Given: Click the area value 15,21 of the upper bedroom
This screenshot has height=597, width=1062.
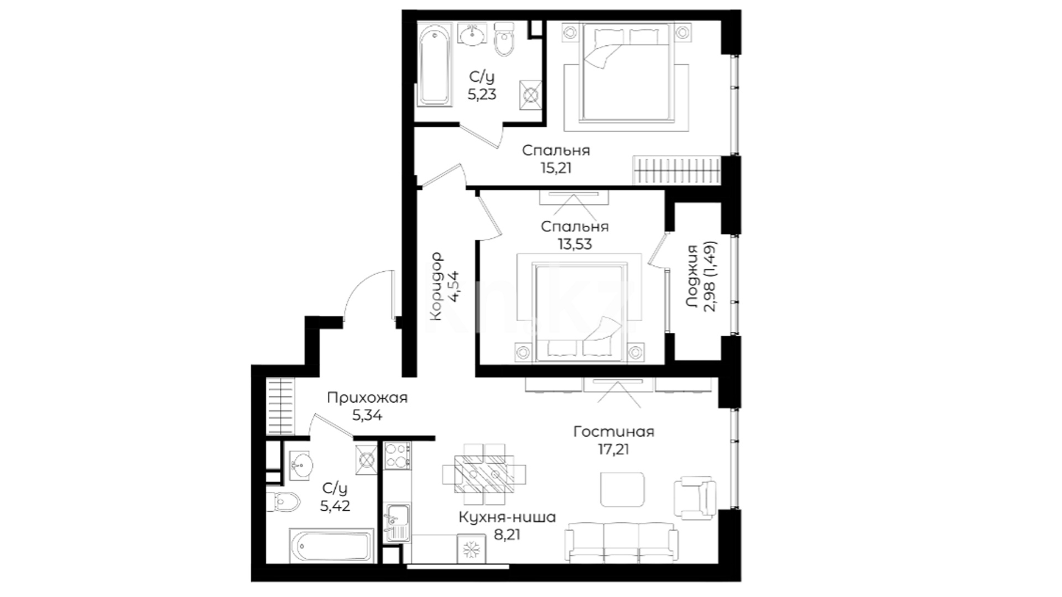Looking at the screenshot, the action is tap(555, 167).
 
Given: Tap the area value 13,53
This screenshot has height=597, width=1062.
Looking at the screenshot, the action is tap(575, 244).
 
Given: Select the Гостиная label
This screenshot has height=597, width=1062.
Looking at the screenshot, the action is tap(613, 432).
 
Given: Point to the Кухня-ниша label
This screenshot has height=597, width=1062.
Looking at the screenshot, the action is tap(507, 517).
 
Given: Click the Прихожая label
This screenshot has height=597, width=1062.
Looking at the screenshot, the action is tap(367, 398).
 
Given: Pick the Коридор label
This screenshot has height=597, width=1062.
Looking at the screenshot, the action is tap(436, 286).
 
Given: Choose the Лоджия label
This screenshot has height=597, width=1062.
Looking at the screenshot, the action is tap(691, 276).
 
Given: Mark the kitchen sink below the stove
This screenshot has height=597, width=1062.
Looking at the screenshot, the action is tap(397, 522).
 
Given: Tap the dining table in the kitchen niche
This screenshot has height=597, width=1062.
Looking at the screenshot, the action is tap(484, 474).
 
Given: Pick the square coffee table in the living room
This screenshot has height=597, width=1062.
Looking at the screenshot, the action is tap(623, 489).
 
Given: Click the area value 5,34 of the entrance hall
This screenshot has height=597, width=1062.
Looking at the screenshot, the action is tap(367, 415).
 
